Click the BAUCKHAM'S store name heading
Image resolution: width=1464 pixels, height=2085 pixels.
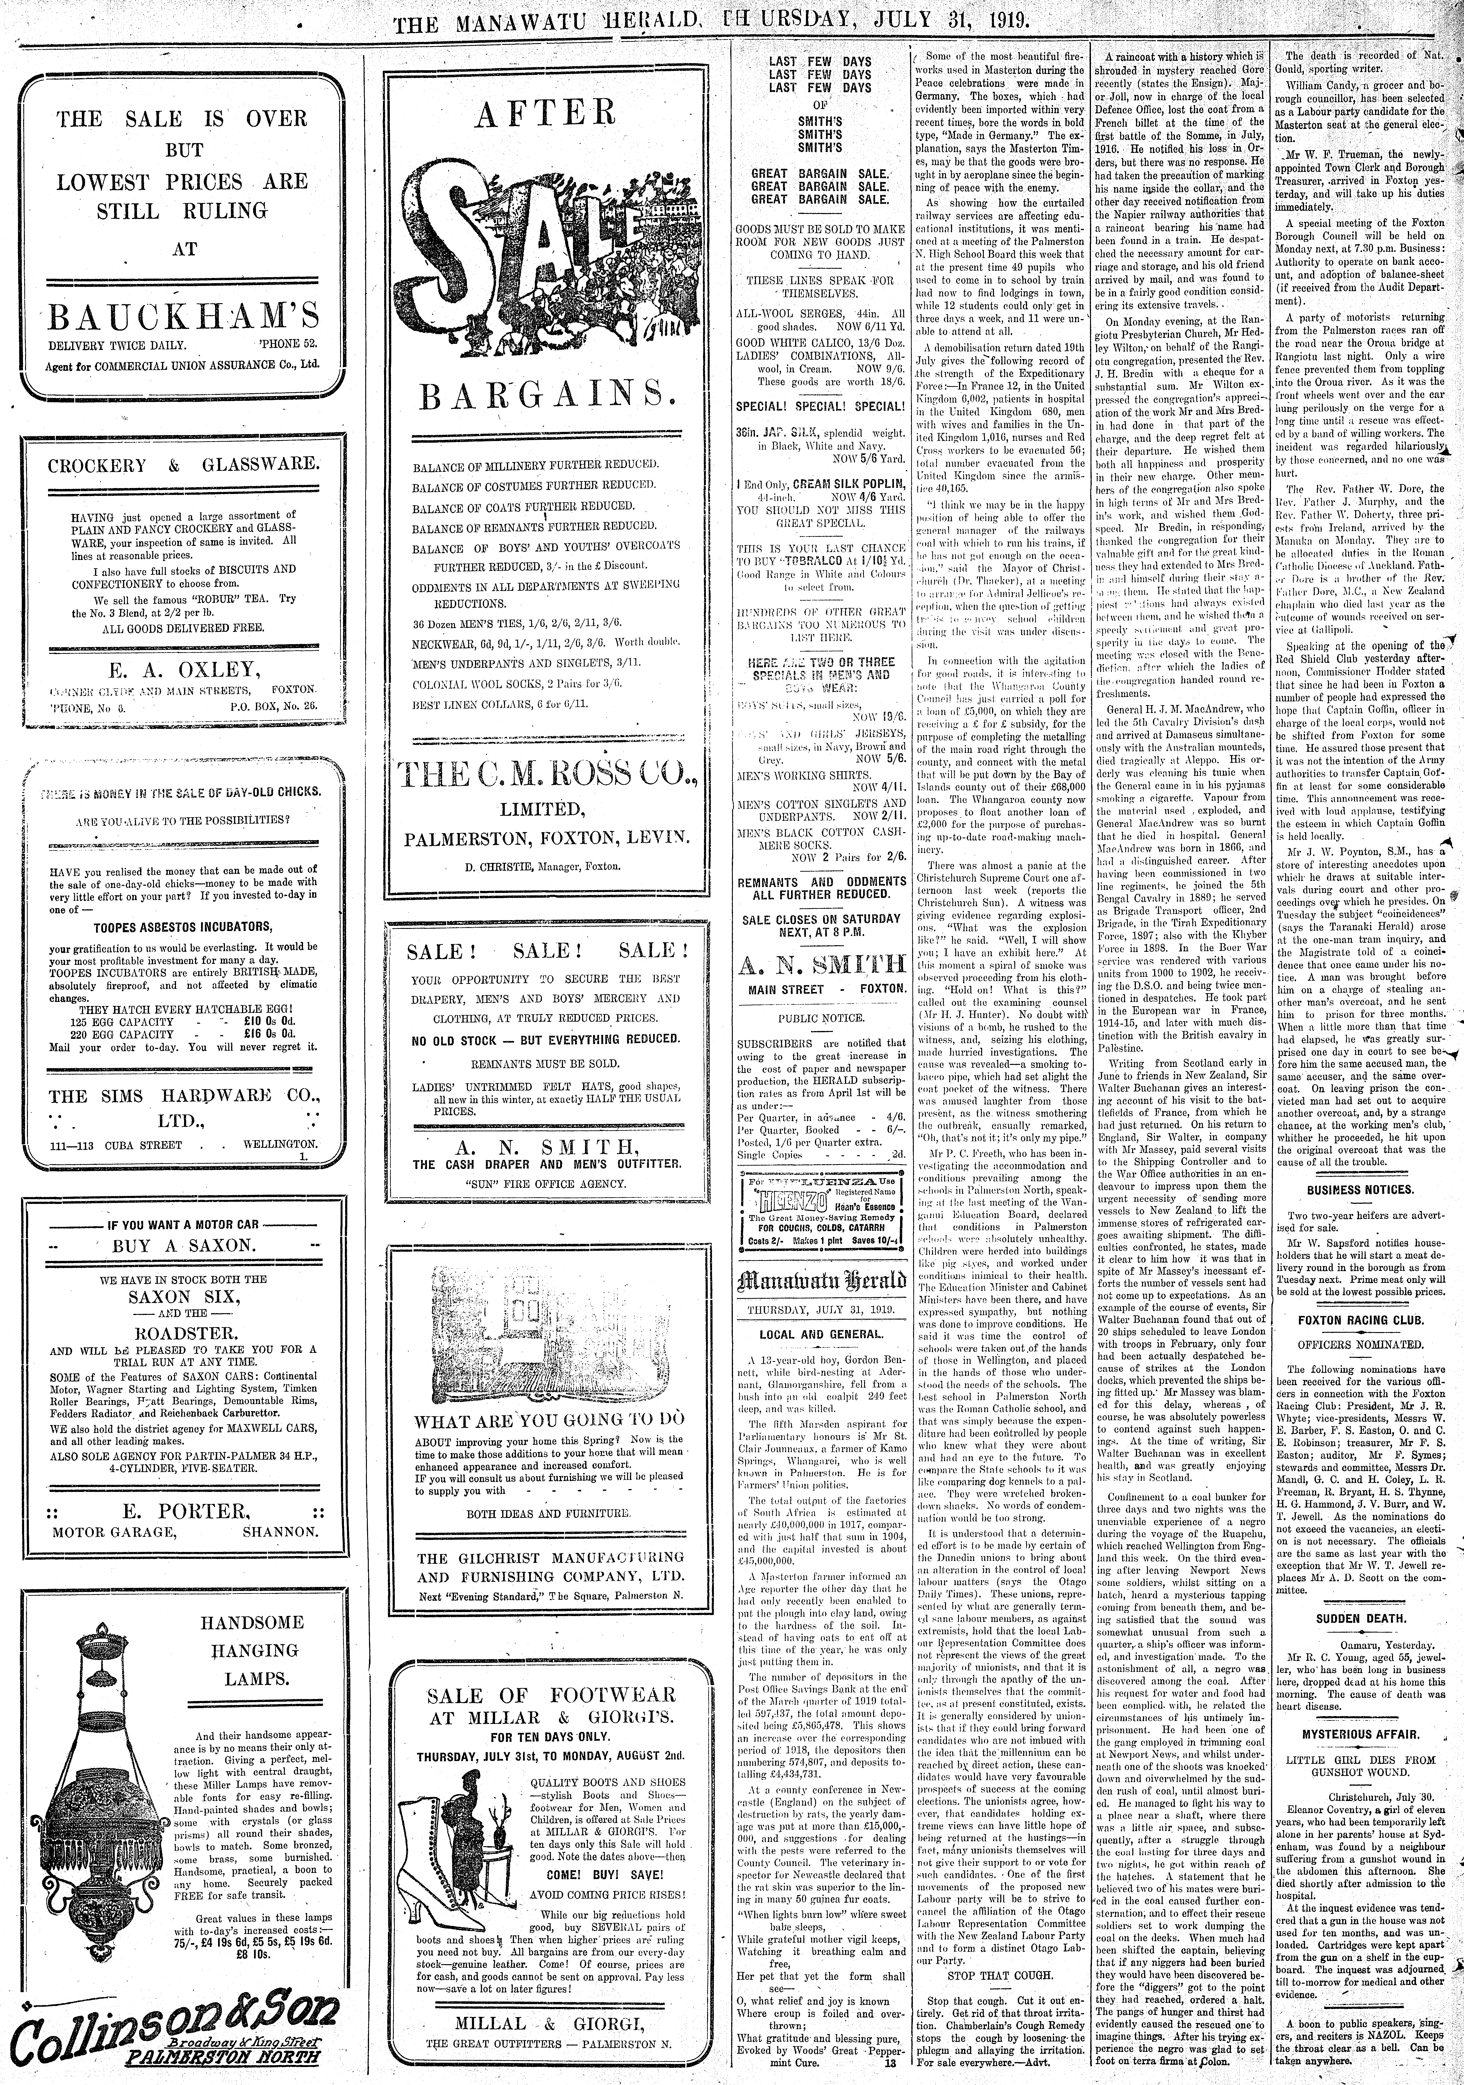184,316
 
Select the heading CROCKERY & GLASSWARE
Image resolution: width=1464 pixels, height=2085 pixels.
184,465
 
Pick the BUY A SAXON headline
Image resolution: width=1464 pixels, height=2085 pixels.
184,1245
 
